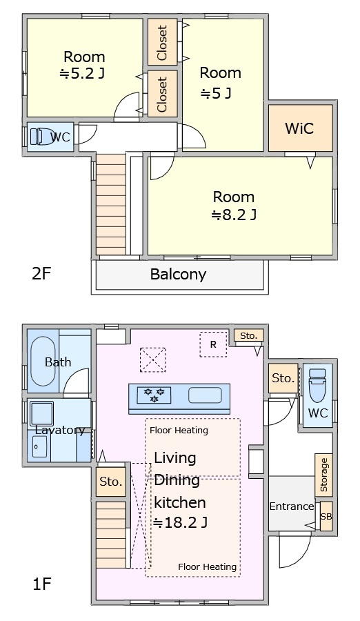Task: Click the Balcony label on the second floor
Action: coord(178,274)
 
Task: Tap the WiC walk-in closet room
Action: coord(300,128)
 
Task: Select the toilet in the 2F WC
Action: coord(42,137)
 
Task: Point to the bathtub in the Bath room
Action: coord(43,361)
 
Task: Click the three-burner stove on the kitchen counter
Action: coord(154,395)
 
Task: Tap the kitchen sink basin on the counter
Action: coord(205,395)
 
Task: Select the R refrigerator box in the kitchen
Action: coord(214,344)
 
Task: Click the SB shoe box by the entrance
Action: coord(326,516)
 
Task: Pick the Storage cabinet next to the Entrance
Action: coord(323,475)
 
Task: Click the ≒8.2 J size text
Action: coord(234,215)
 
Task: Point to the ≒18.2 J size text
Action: coord(180,523)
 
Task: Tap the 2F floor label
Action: coord(41,273)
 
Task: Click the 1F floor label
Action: coord(41,584)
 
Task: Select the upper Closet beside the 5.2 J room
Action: coord(162,42)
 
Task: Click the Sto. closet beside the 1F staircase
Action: coord(111,482)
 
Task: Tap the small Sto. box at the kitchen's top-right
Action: coord(248,336)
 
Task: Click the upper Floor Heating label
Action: coord(179,430)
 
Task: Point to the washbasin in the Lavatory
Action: coord(41,414)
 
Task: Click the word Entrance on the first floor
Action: coord(292,506)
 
